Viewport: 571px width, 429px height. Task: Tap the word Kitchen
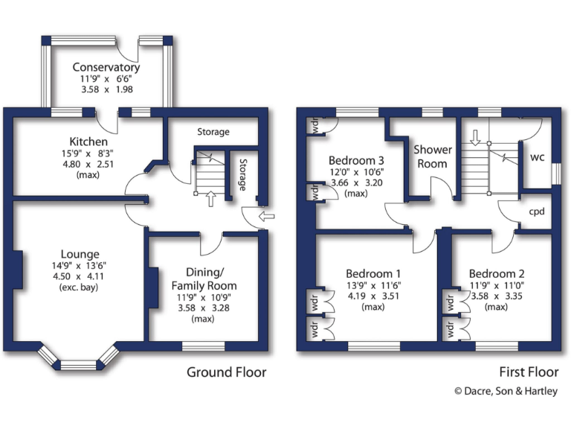click(x=88, y=142)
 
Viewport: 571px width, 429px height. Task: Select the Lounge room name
click(x=80, y=254)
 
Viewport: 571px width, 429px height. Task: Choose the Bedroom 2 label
click(x=502, y=273)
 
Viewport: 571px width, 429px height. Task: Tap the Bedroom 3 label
click(x=357, y=159)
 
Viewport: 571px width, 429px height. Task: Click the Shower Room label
click(x=432, y=156)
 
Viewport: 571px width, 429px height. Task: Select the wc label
click(x=536, y=158)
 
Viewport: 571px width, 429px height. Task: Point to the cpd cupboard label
click(x=536, y=211)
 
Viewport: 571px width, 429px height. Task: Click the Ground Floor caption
click(x=226, y=372)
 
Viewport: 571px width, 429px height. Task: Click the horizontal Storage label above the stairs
click(x=213, y=132)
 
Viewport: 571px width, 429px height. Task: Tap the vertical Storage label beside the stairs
click(x=242, y=174)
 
